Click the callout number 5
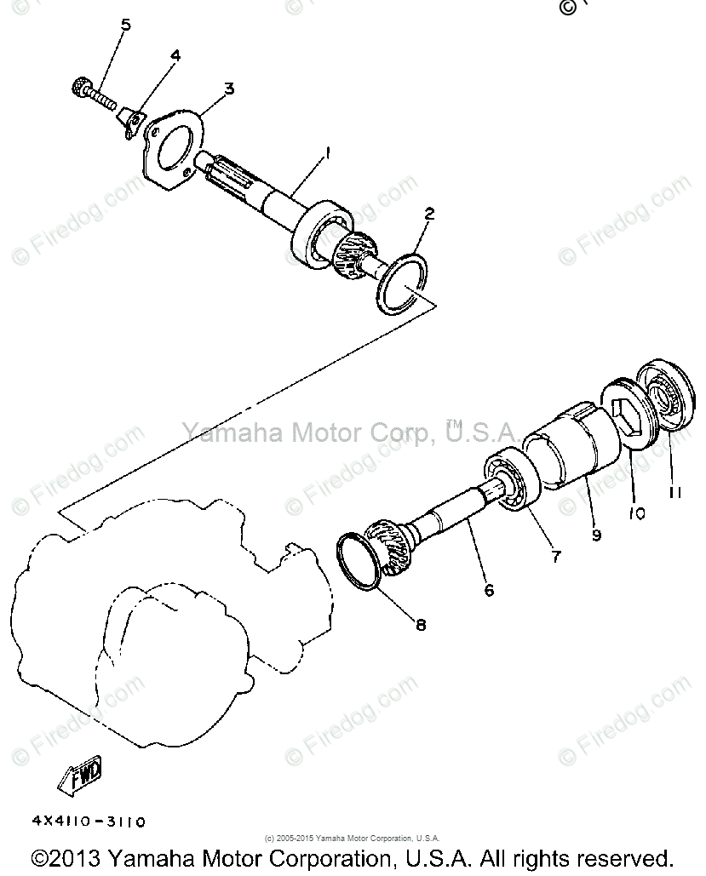[x=126, y=25]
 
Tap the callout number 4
[x=175, y=56]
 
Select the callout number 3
[x=229, y=87]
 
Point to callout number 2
[x=429, y=214]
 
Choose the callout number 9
[x=596, y=535]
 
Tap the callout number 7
[x=555, y=557]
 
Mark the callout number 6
[x=489, y=588]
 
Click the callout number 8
[x=421, y=624]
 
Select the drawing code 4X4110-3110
[x=89, y=822]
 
